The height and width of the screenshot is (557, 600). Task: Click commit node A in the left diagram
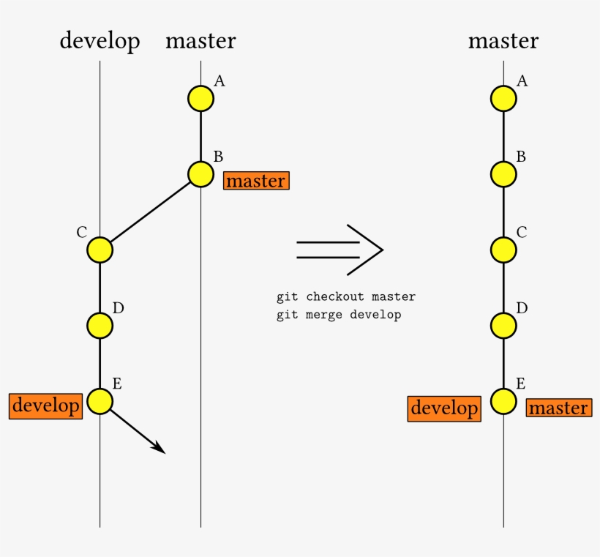[x=201, y=99]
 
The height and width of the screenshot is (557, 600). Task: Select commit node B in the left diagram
[x=201, y=174]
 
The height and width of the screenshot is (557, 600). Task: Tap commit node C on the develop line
[x=100, y=250]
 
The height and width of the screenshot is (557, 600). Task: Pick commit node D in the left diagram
[x=100, y=326]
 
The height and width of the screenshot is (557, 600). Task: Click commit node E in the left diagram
[x=100, y=402]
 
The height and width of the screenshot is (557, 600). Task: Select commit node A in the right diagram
[x=503, y=99]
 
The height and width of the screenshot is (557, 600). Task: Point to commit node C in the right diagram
[x=503, y=250]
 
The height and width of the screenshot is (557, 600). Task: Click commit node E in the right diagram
[x=503, y=402]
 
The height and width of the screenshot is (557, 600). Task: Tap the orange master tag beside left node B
[x=256, y=181]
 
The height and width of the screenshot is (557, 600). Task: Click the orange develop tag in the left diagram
[x=46, y=406]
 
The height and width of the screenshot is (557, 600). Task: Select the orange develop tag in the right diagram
[x=444, y=409]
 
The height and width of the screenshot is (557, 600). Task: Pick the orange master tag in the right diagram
[x=559, y=408]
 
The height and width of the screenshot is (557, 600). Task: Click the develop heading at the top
[x=100, y=41]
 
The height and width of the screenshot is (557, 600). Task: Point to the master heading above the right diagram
[x=503, y=40]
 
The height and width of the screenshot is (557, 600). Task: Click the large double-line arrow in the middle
[x=340, y=250]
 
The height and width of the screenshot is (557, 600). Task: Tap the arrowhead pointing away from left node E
[x=160, y=448]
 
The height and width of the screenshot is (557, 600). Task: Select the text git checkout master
[x=346, y=296]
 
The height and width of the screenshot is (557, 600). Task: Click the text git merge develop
[x=339, y=315]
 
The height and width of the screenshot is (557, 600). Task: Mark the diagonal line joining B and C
[x=151, y=212]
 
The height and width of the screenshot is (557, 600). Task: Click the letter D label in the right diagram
[x=522, y=308]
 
